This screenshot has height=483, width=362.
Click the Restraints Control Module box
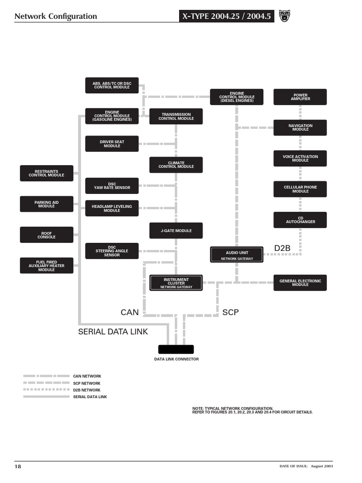46,173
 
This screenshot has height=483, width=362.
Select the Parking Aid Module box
46,204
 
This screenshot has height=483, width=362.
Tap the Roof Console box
46,235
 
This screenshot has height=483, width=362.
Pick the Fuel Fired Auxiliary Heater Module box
46,266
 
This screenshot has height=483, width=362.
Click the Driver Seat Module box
112,144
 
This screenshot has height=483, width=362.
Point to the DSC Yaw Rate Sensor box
112,186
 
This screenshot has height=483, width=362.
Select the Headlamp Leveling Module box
112,208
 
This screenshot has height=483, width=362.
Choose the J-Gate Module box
176,231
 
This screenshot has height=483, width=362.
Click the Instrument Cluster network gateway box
176,283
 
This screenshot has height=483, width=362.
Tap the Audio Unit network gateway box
237,255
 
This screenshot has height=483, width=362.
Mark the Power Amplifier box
300,97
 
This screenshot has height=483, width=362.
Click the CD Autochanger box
300,220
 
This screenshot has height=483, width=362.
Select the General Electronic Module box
300,283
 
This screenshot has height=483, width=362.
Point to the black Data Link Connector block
176,349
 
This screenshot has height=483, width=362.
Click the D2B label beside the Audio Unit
283,248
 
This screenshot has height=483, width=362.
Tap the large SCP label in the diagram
231,312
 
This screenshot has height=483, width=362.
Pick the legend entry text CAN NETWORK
87,376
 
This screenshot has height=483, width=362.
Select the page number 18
18,466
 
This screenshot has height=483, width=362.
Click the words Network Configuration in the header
56,17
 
